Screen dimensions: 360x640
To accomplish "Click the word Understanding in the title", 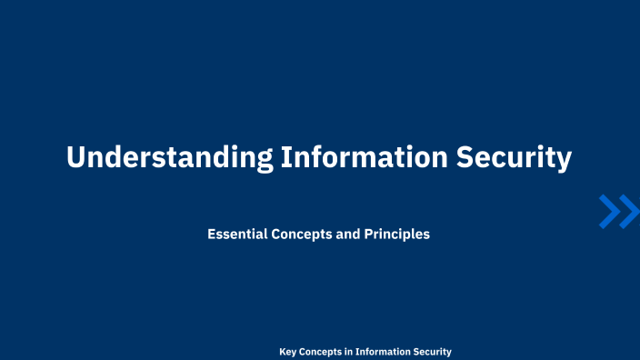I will [169, 157].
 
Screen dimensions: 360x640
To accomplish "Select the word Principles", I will [397, 234].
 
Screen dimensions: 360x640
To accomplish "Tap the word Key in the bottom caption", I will [287, 352].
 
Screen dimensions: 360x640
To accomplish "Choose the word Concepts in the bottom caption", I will [322, 352].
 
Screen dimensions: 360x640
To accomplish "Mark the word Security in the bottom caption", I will [433, 352].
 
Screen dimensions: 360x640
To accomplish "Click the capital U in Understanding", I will [76, 157].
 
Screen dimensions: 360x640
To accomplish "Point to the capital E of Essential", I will [212, 234].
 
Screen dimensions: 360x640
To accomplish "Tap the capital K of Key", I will [282, 352].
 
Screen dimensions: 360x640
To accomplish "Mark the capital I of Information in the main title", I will [286, 157].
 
